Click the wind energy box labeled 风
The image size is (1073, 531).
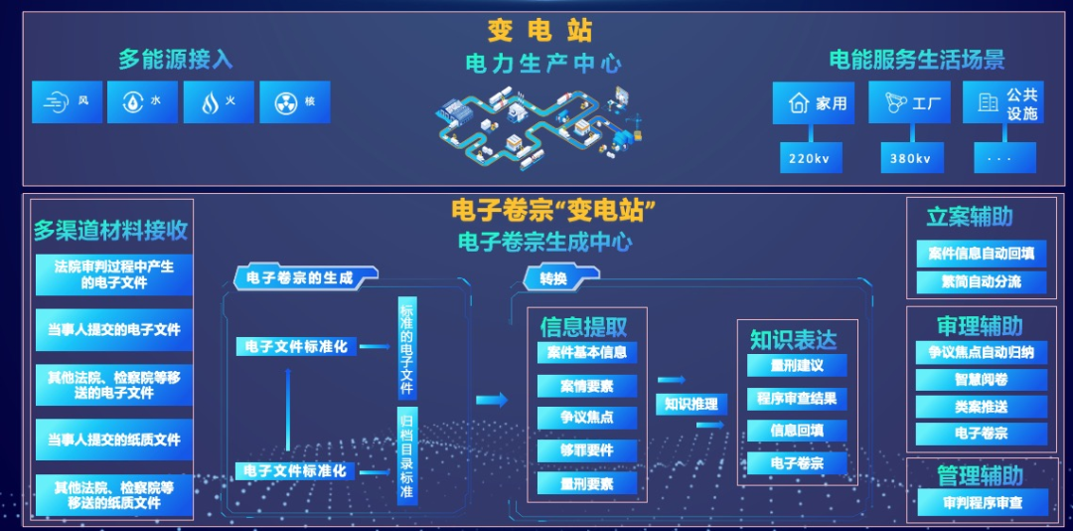tap(68, 101)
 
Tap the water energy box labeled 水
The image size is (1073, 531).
tap(143, 101)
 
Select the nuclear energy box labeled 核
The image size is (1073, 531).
tap(294, 101)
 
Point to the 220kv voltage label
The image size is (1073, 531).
tap(809, 158)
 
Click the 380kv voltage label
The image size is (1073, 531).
tap(911, 158)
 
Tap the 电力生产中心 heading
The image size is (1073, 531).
tap(543, 64)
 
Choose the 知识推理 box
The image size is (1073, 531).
tap(690, 404)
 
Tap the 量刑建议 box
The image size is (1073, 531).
tap(797, 365)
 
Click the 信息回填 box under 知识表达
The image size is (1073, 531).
tap(797, 431)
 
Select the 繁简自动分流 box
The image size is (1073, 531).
tap(982, 281)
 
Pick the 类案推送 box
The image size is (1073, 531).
tap(982, 406)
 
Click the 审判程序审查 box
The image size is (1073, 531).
tap(982, 503)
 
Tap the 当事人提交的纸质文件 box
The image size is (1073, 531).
tap(114, 439)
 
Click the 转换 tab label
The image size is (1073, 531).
tap(553, 279)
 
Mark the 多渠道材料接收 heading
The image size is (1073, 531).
tap(110, 231)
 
